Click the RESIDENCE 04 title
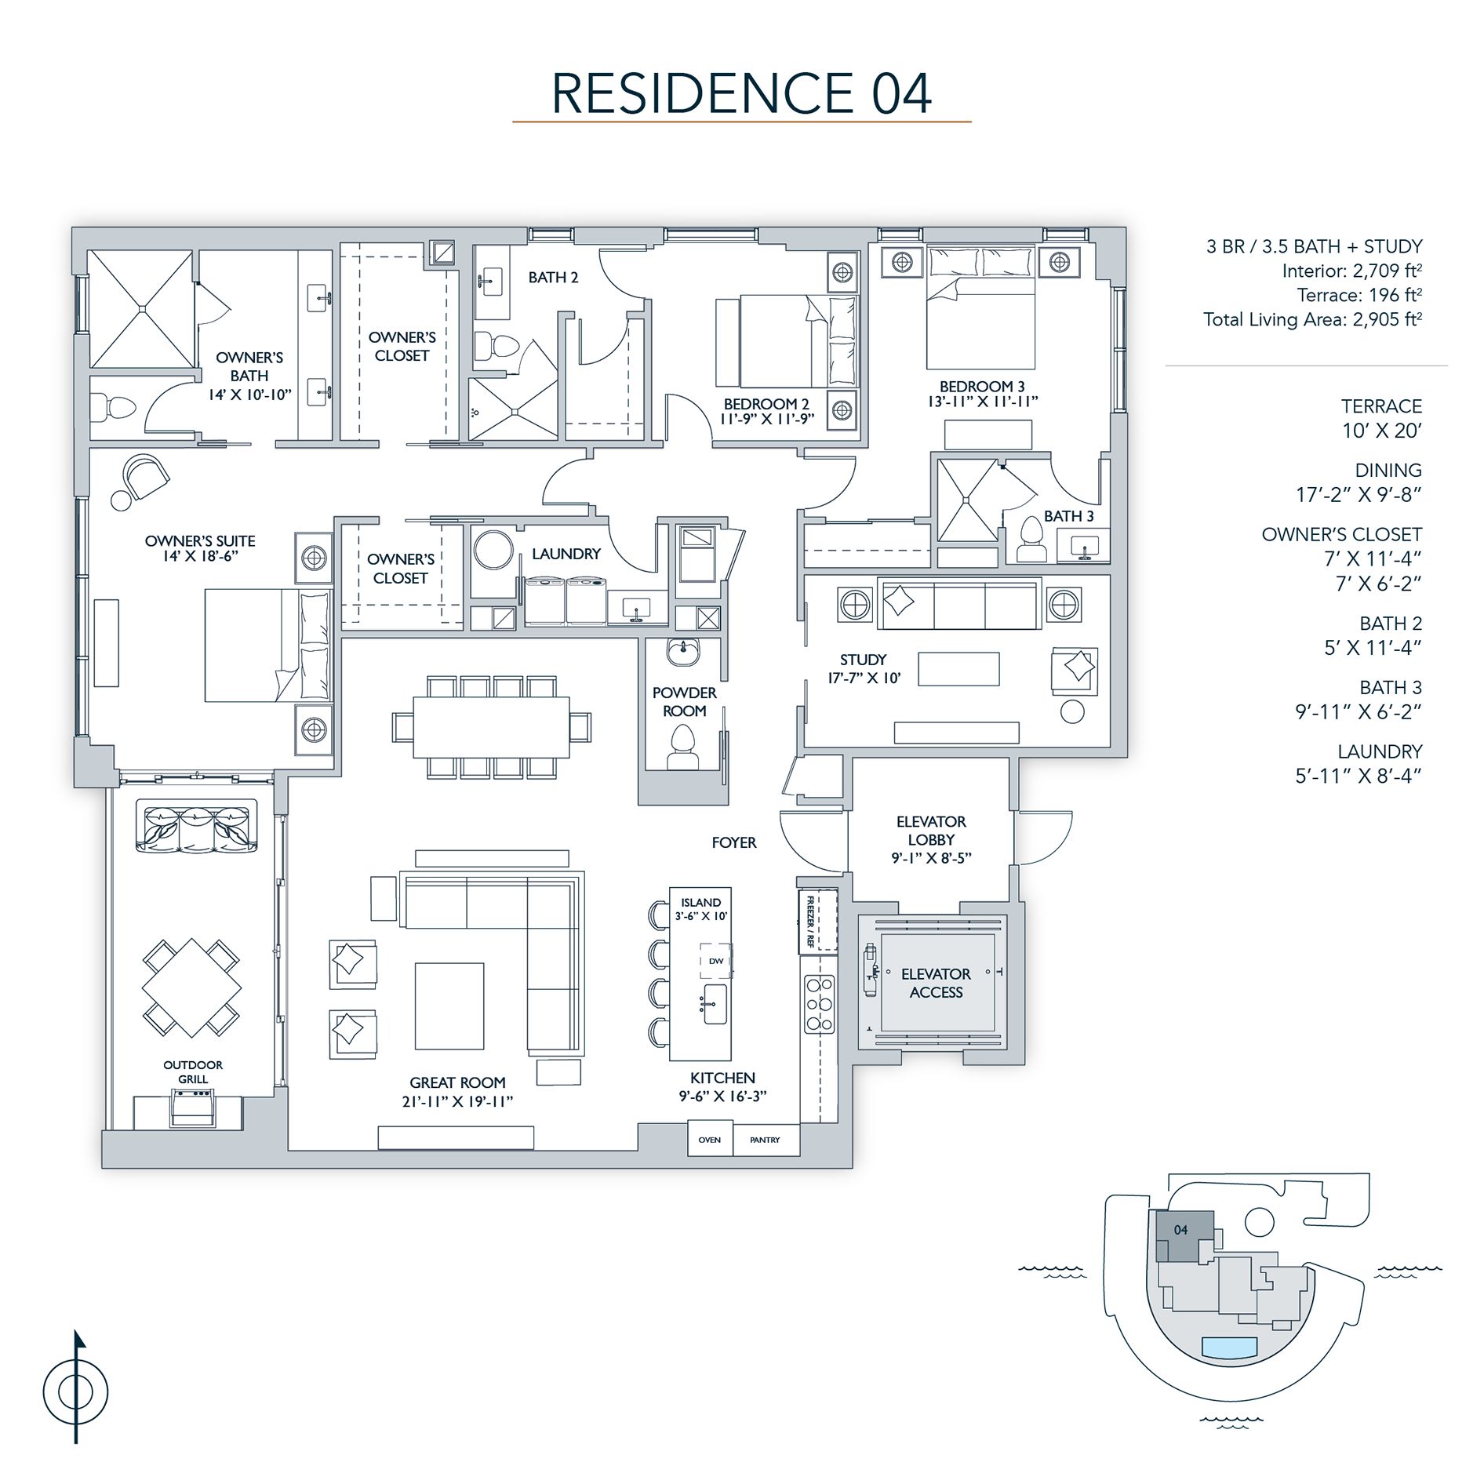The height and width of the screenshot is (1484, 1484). pos(741,93)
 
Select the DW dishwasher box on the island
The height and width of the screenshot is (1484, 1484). pos(715,960)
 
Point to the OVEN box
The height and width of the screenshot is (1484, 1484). pos(709,1140)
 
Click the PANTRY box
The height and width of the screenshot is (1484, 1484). pos(765,1140)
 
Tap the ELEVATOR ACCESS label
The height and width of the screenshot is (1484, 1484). pos(936,983)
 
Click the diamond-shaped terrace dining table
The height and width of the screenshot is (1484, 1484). pos(191,988)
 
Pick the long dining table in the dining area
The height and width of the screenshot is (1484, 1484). pos(492,726)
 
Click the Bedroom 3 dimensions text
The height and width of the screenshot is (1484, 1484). pos(982,402)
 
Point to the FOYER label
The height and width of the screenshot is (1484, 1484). pos(733,842)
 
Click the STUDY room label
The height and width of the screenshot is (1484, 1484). pos(863,660)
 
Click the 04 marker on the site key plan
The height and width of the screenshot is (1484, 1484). pos(1180,1229)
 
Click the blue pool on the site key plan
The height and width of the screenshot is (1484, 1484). pos(1229,1347)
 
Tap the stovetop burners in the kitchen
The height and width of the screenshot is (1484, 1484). pos(819,1004)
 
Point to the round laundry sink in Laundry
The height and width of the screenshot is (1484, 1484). pos(493,550)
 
